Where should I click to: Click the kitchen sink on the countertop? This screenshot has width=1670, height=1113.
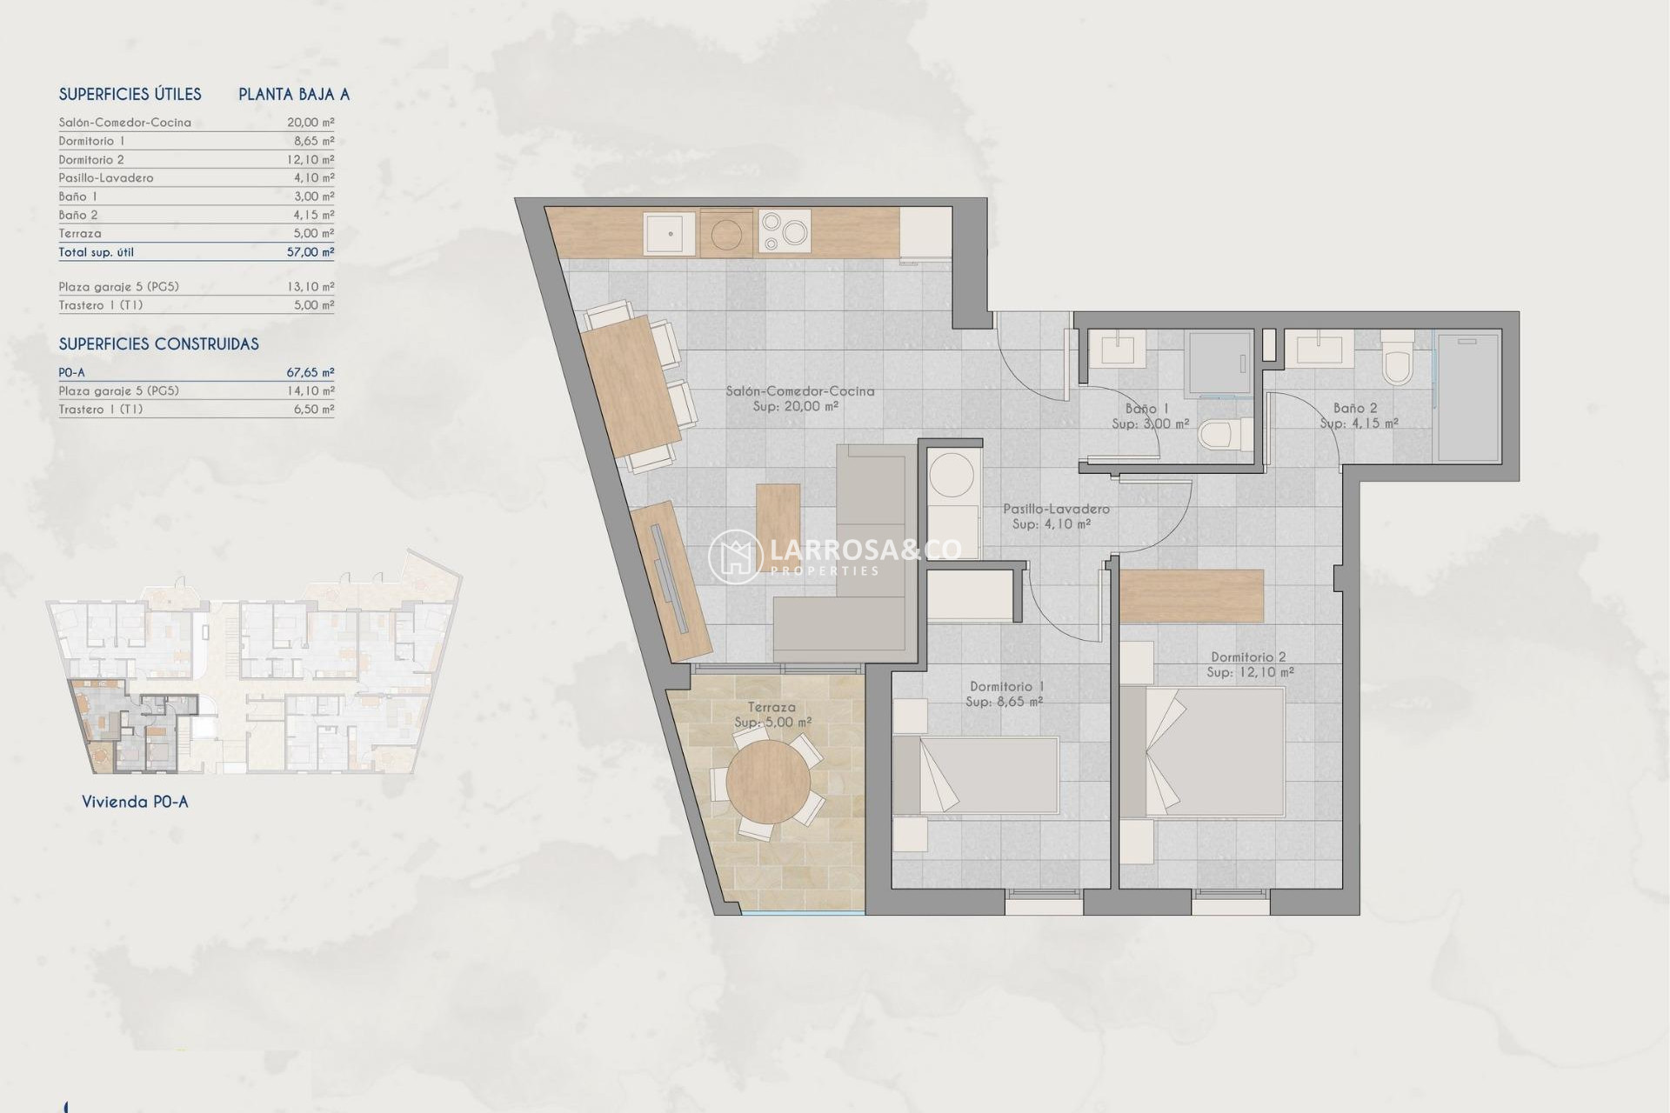[669, 233]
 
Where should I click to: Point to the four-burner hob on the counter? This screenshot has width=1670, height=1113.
[785, 232]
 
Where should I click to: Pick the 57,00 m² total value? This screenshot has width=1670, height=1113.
[310, 252]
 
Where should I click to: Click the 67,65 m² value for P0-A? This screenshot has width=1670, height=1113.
[310, 372]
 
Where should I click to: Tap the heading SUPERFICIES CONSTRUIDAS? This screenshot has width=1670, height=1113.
[158, 344]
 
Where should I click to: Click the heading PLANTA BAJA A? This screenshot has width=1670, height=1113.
[294, 95]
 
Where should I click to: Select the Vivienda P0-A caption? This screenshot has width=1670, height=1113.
[135, 802]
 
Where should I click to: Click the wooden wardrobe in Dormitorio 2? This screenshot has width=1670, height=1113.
[1191, 596]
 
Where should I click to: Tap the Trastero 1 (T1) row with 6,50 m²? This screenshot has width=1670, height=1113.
[196, 410]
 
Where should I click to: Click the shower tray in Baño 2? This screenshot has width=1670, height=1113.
[1467, 399]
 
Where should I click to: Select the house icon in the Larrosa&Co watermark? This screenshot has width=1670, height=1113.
[735, 556]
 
